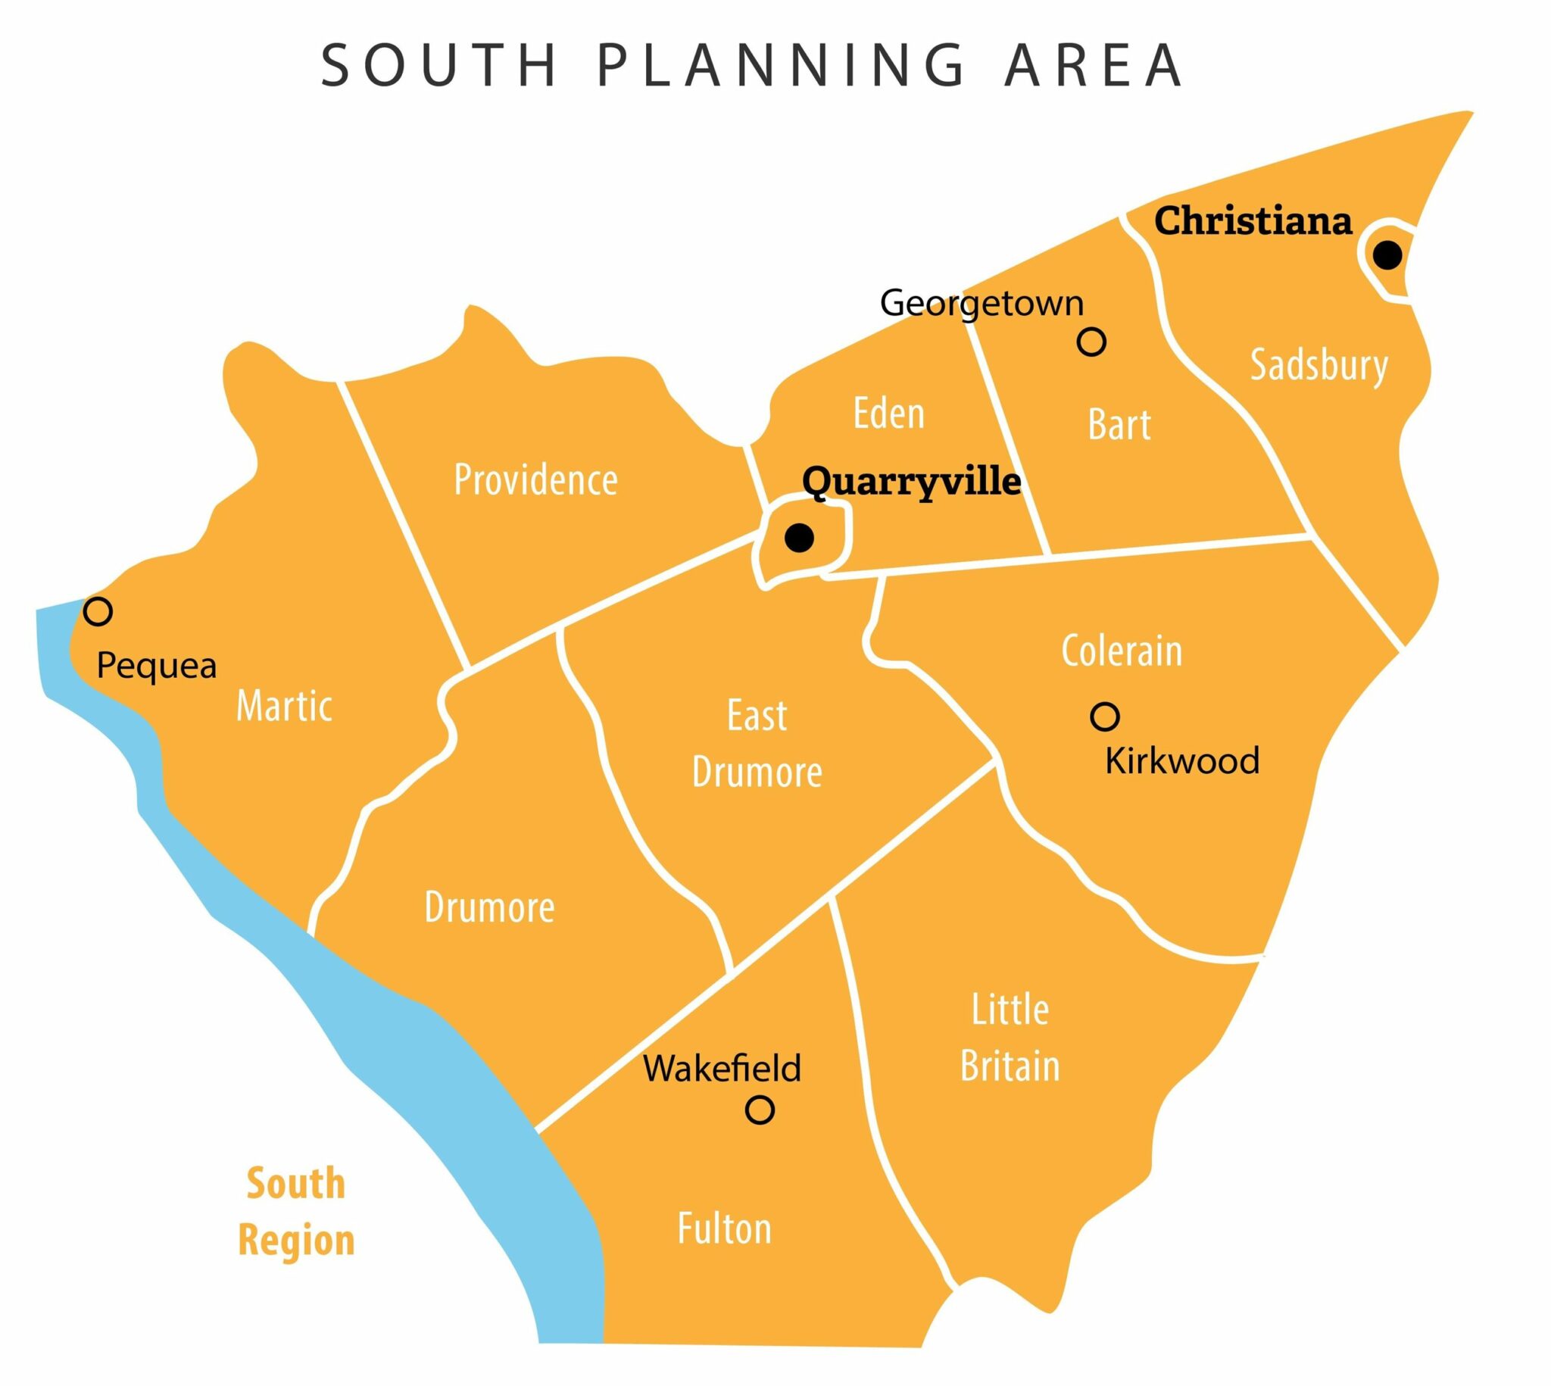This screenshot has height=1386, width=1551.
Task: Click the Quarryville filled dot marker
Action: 799,538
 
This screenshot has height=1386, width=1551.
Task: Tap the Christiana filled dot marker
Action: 1387,255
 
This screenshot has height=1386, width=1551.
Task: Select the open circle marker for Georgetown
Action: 1091,342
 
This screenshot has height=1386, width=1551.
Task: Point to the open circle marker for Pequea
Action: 98,610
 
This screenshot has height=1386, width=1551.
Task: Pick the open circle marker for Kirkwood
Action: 1105,716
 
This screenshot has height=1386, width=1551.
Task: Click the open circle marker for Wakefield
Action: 759,1110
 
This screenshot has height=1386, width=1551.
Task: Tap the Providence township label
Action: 535,479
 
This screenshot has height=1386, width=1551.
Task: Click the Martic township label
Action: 284,706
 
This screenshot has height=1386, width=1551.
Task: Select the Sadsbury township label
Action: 1319,367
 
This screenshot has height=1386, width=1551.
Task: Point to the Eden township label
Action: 888,414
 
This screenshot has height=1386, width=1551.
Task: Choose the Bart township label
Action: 1119,424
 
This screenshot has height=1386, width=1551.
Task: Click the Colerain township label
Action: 1122,651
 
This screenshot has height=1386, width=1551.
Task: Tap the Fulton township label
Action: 724,1229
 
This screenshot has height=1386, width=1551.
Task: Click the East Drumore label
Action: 757,744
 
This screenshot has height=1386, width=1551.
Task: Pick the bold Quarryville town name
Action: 911,481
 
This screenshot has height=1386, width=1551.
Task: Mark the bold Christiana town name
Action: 1253,221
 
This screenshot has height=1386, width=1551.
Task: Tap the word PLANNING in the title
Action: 781,65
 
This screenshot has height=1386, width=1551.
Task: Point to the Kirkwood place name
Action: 1181,760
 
